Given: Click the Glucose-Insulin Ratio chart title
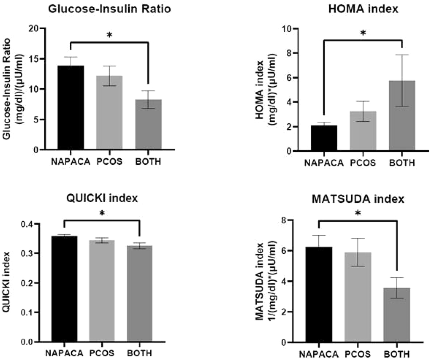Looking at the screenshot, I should (x=109, y=9).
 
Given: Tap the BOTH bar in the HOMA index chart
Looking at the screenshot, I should (x=402, y=116).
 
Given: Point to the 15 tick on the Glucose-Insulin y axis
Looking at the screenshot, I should (x=34, y=59).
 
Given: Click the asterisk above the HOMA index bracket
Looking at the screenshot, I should (x=363, y=33).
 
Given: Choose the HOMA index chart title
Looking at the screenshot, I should (x=363, y=9).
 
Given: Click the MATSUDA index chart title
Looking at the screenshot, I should (x=358, y=199).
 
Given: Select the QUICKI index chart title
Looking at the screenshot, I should (x=102, y=198).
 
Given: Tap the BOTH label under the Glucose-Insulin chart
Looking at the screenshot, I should (x=148, y=162).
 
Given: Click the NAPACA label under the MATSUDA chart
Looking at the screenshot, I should (x=319, y=354).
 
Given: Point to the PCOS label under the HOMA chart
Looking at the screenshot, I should (x=363, y=163).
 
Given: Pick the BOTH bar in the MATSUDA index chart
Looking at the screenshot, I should (x=397, y=315).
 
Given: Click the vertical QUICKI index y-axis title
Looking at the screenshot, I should (x=7, y=282).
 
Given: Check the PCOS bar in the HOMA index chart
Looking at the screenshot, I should (x=363, y=131).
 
